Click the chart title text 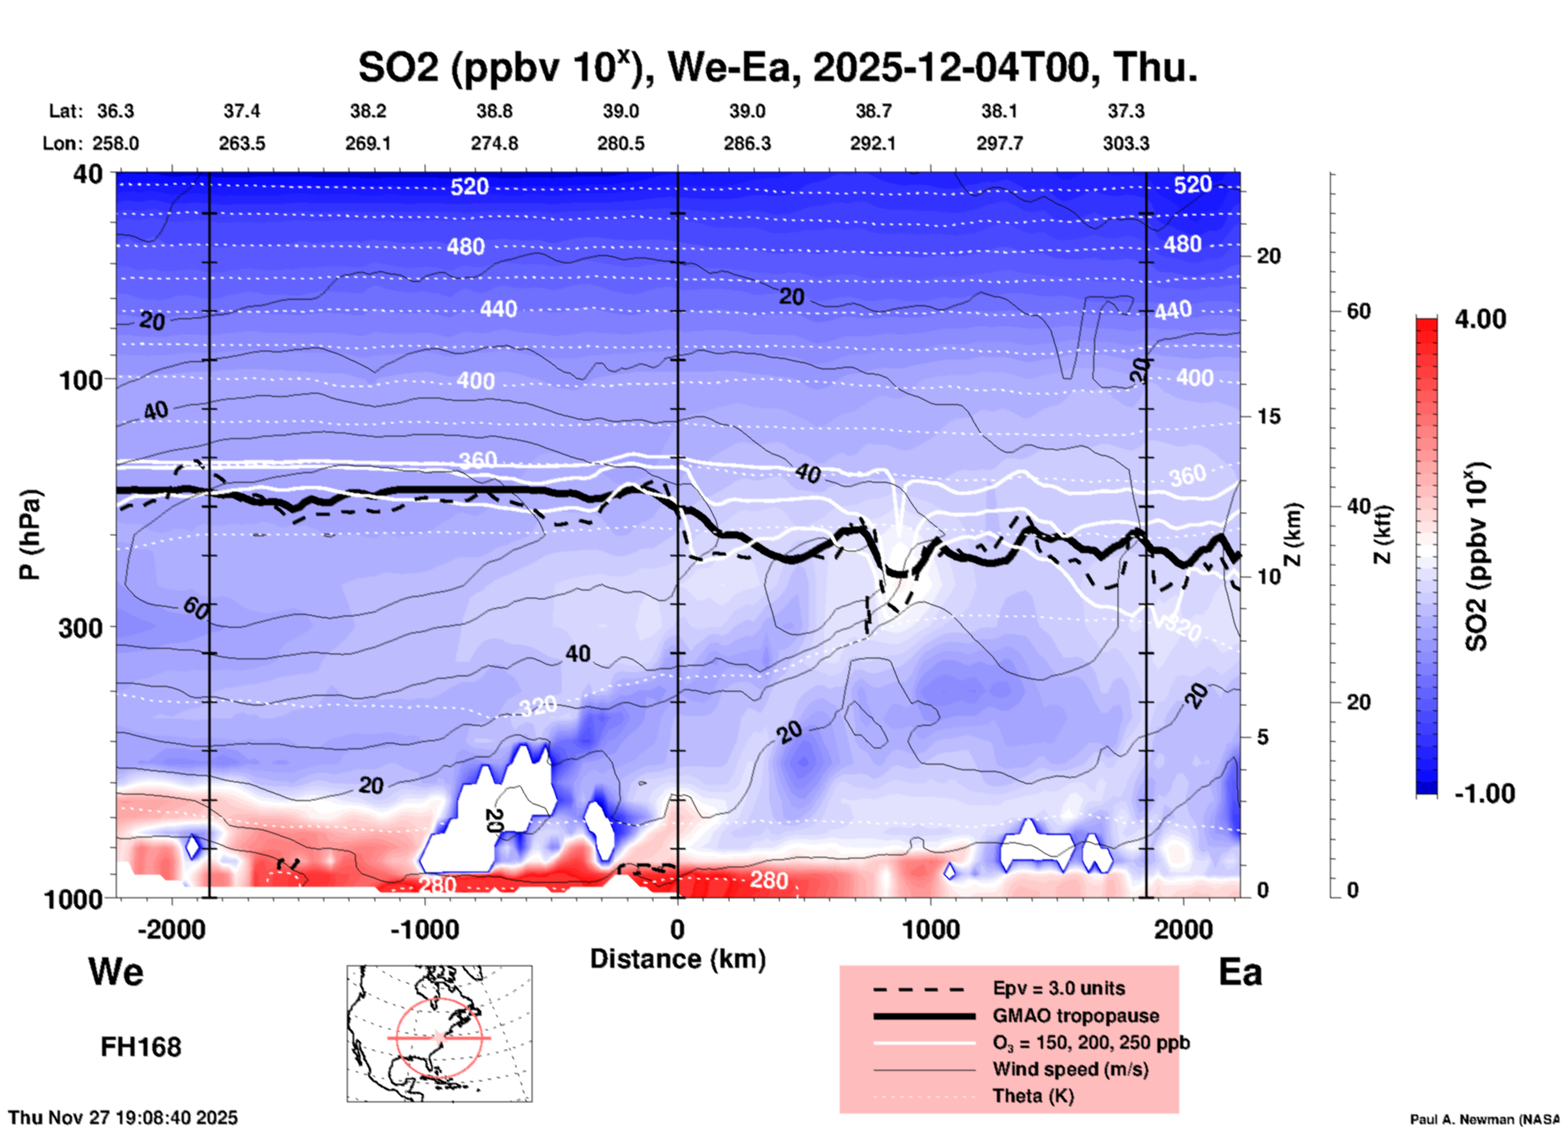tap(777, 67)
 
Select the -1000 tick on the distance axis tap(425, 929)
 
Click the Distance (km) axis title tap(678, 959)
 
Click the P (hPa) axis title tap(29, 535)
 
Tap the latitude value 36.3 tap(115, 111)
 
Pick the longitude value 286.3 tap(746, 143)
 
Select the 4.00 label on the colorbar tap(1480, 318)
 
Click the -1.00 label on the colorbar tap(1484, 793)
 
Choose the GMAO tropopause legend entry tap(1076, 1016)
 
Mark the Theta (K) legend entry tap(1033, 1096)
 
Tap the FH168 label tap(140, 1047)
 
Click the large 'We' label tap(116, 971)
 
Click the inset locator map tap(439, 1033)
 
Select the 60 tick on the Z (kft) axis tap(1359, 311)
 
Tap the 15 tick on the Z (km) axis tap(1268, 416)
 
